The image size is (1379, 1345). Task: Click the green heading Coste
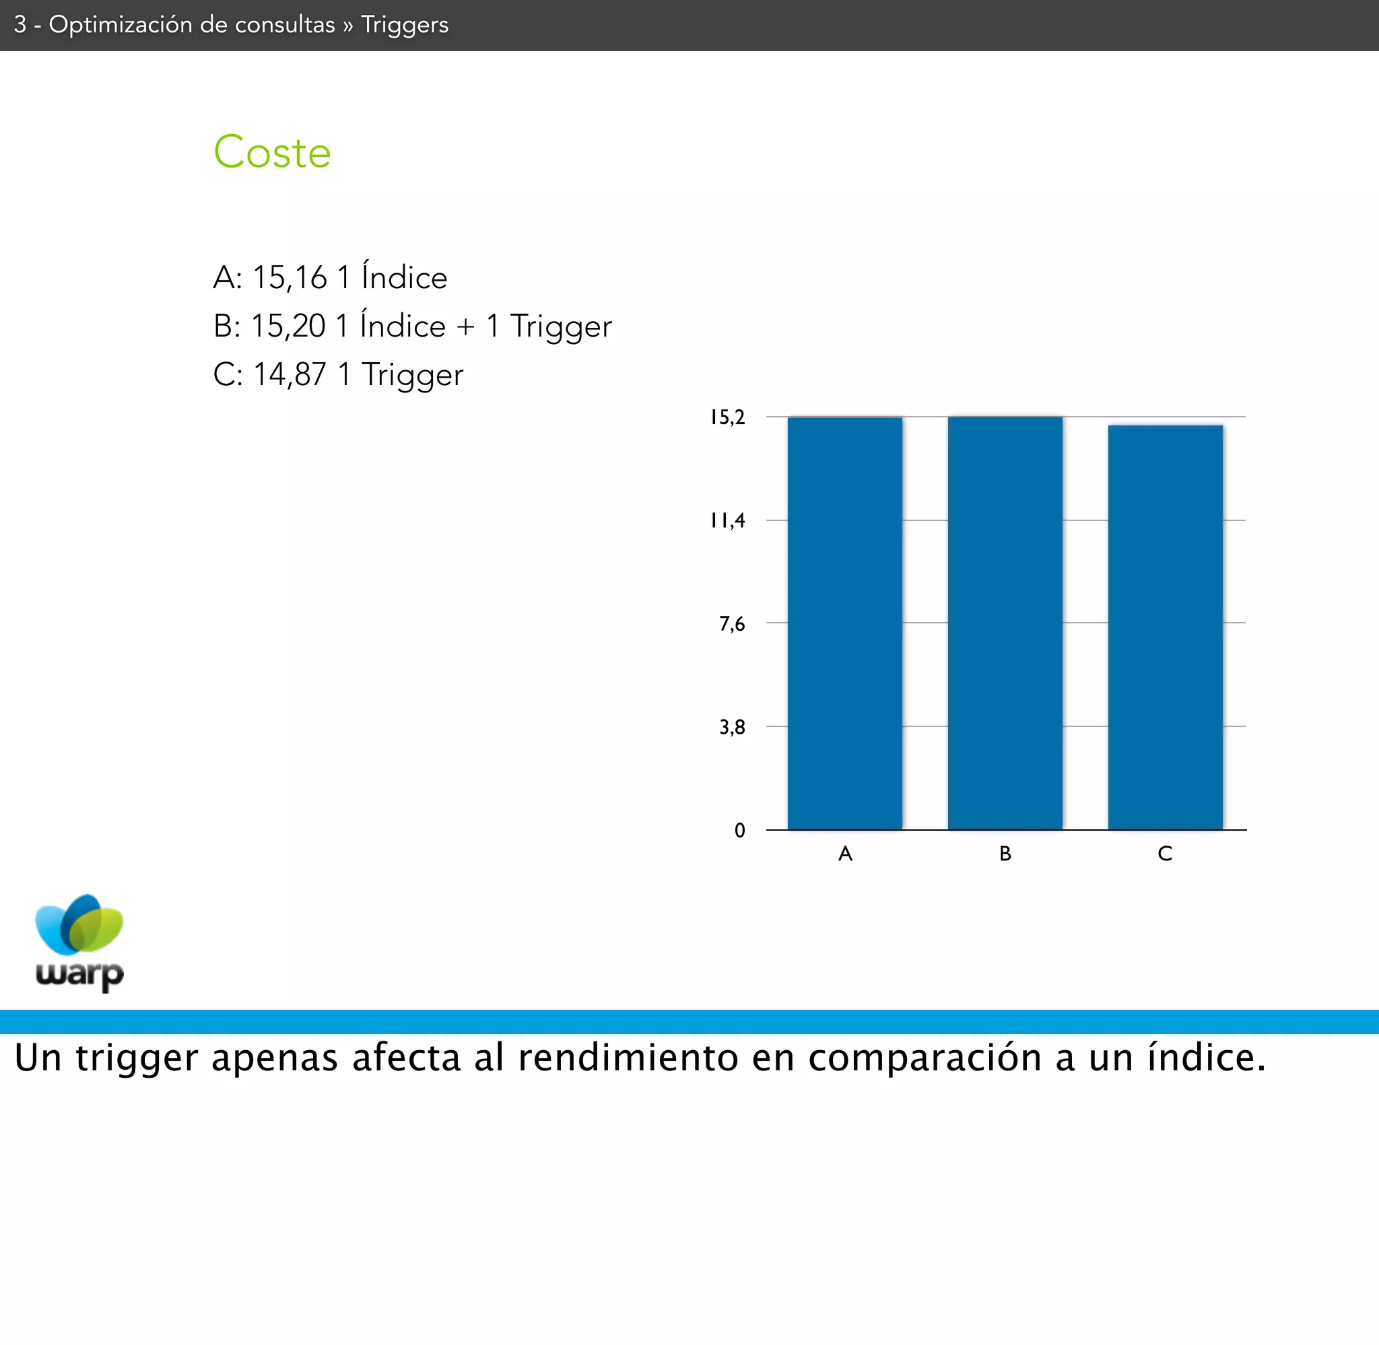[x=272, y=152]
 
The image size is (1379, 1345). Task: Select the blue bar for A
[x=845, y=623]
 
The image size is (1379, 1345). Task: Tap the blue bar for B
[x=1005, y=623]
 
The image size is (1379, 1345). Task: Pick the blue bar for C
[x=1166, y=627]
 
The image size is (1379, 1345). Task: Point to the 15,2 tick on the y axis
[x=728, y=417]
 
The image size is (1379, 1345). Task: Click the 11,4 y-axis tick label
[x=728, y=520]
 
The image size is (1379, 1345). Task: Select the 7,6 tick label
[x=732, y=624]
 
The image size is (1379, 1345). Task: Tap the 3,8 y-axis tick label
[x=732, y=727]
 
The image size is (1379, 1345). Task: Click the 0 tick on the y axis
[x=739, y=830]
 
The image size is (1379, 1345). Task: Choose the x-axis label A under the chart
[x=845, y=854]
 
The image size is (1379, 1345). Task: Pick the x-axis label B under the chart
[x=1005, y=854]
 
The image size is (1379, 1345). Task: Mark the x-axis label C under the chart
[x=1165, y=854]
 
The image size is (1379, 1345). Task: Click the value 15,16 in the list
[x=290, y=277]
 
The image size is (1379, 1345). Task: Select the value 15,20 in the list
[x=288, y=326]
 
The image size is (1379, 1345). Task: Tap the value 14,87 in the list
[x=290, y=374]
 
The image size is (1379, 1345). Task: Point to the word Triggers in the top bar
[x=405, y=25]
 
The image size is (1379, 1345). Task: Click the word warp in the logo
[x=80, y=975]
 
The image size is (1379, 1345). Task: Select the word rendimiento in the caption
[x=628, y=1058]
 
